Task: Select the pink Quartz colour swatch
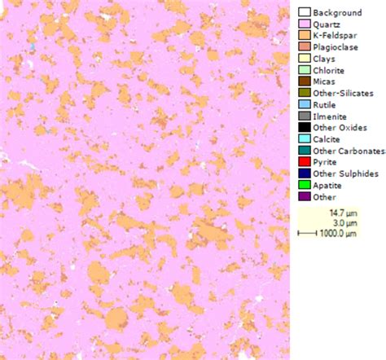click(x=304, y=24)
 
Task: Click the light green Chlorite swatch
click(x=304, y=70)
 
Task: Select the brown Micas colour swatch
click(x=304, y=81)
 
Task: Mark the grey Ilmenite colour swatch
click(x=304, y=116)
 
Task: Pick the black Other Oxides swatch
click(x=304, y=128)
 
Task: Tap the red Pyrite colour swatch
click(x=304, y=162)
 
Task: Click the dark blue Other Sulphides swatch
click(x=304, y=173)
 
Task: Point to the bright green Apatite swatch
click(x=304, y=185)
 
